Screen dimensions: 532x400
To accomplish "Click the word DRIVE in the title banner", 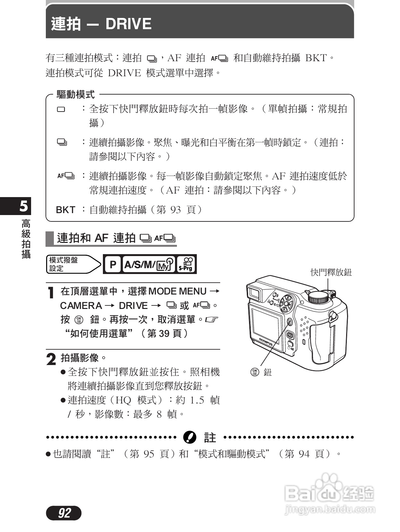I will (x=128, y=24).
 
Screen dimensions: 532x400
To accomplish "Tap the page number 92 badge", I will (x=64, y=513).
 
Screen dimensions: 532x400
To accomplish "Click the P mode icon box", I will (x=113, y=264).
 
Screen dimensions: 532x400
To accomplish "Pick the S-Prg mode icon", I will (x=186, y=264).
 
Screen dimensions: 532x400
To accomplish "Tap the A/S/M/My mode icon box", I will (x=149, y=264).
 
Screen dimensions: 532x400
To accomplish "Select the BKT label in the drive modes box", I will (x=65, y=210).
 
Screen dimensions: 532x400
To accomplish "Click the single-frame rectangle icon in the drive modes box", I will (x=61, y=110).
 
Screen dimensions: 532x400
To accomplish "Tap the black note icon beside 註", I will (x=190, y=437).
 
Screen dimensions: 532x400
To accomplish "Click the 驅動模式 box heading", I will (x=76, y=95).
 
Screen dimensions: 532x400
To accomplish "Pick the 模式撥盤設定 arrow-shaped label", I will (x=73, y=264).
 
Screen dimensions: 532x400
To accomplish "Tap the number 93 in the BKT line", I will (x=176, y=210).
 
